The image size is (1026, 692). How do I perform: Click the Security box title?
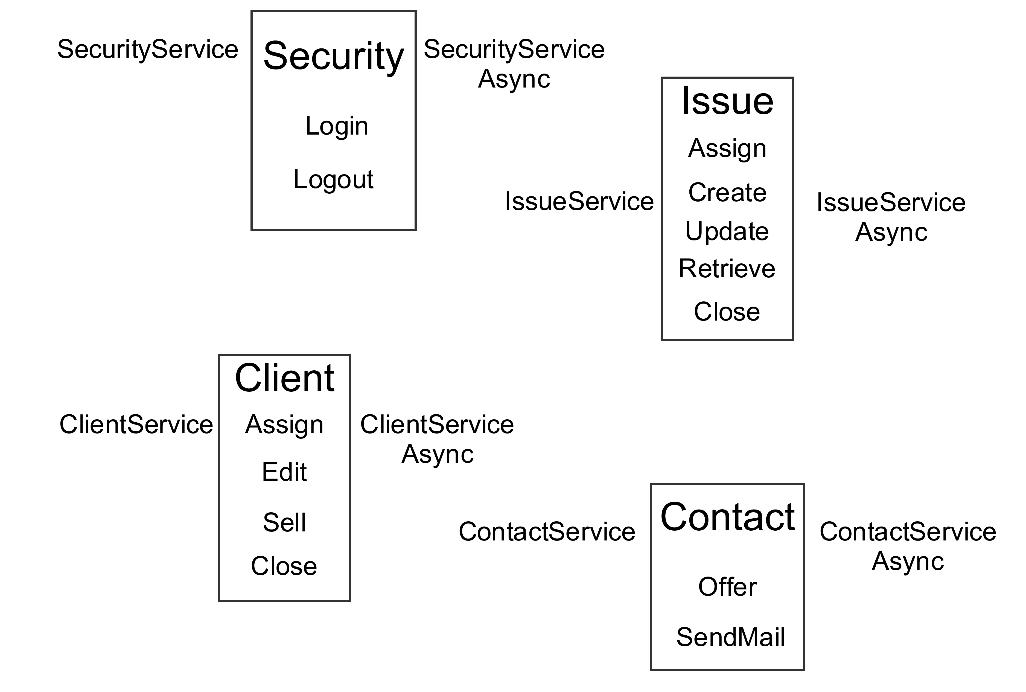[333, 57]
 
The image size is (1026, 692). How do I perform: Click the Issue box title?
[727, 101]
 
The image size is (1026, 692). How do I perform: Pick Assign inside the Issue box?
[727, 149]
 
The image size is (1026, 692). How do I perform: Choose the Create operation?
[727, 192]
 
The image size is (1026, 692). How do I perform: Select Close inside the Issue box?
[727, 312]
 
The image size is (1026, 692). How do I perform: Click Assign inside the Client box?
[284, 425]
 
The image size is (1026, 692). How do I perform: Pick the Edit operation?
[284, 472]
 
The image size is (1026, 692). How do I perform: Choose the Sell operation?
[284, 522]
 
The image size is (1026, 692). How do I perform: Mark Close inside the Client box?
[284, 566]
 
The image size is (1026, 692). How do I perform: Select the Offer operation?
[727, 587]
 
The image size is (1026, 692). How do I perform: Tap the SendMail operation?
[730, 637]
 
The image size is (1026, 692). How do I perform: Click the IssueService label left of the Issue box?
[579, 201]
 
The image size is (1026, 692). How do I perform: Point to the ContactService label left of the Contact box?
[547, 531]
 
